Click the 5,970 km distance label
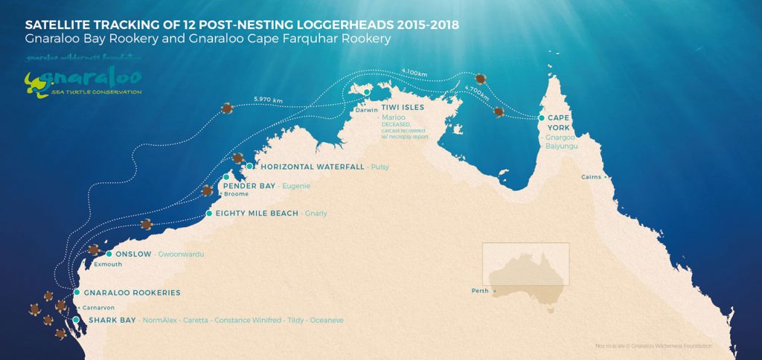268,99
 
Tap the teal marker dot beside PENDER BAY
225,177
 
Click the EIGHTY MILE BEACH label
257,213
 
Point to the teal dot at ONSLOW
109,254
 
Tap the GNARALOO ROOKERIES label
132,292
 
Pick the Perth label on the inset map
479,290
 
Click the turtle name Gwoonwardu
181,254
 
